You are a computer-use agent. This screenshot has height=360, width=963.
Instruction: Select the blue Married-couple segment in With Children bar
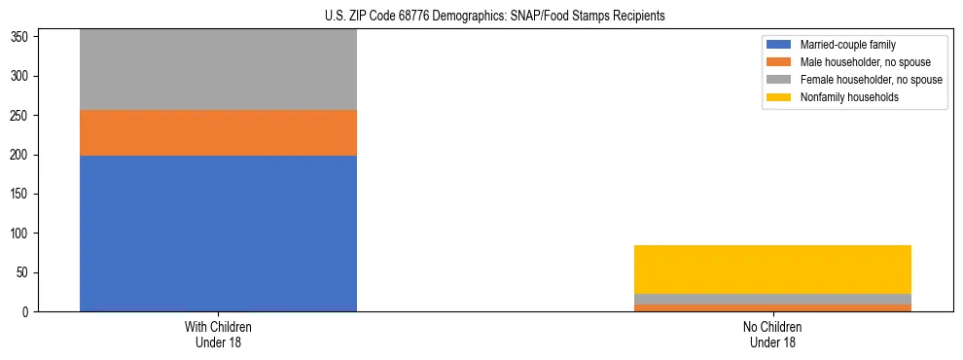click(218, 234)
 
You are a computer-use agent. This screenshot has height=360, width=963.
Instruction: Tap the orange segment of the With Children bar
click(218, 132)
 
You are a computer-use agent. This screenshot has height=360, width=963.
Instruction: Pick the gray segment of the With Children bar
click(218, 70)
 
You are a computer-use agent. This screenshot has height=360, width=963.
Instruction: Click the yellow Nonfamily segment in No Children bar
click(772, 270)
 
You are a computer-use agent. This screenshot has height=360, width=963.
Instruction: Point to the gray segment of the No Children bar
click(772, 299)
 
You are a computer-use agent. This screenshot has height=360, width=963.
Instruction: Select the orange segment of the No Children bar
click(772, 307)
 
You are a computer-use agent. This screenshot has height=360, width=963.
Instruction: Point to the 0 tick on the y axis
click(28, 312)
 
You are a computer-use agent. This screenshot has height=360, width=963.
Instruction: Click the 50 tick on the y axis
click(25, 273)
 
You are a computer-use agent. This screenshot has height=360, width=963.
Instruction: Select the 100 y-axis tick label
click(22, 234)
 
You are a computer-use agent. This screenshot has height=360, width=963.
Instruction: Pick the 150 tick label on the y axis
click(22, 195)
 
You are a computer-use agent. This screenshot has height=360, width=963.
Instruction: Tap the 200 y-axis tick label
click(22, 155)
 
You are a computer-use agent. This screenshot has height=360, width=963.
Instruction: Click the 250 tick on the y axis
click(22, 116)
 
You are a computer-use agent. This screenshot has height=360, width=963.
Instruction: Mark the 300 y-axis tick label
click(22, 76)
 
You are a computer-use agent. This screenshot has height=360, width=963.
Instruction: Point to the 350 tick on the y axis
click(22, 37)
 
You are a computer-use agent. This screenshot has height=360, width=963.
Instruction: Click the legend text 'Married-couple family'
click(848, 45)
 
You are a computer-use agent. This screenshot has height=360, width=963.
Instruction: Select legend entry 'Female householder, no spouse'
click(871, 80)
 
